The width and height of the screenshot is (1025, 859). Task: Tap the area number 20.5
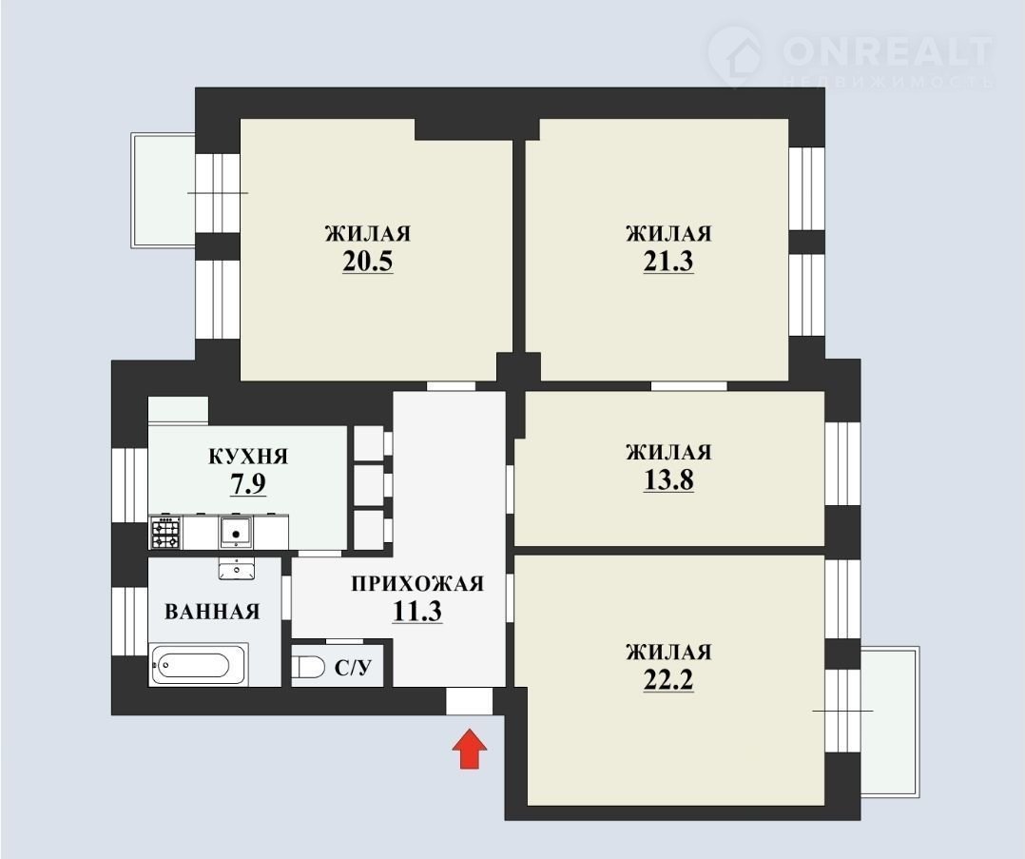[367, 262]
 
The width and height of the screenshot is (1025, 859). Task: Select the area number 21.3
[668, 262]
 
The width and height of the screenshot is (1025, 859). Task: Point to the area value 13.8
[668, 480]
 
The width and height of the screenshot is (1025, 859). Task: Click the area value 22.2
[668, 680]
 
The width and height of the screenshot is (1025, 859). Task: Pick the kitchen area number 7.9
[248, 484]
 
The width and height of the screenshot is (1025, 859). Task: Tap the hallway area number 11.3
[417, 611]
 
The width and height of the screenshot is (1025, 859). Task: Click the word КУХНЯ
[248, 456]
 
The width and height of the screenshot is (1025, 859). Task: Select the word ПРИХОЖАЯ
[417, 583]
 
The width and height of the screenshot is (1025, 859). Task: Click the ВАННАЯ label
[212, 612]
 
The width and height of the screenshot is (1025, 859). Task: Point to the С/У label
[353, 668]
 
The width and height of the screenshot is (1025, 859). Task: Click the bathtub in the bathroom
[199, 665]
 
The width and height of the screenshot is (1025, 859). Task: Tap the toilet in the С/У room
[308, 668]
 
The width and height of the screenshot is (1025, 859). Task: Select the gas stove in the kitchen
[166, 533]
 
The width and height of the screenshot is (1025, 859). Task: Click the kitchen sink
[236, 532]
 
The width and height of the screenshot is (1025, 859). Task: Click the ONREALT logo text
[887, 51]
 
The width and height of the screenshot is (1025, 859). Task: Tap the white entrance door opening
[469, 701]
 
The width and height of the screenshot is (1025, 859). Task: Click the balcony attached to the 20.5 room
[164, 189]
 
